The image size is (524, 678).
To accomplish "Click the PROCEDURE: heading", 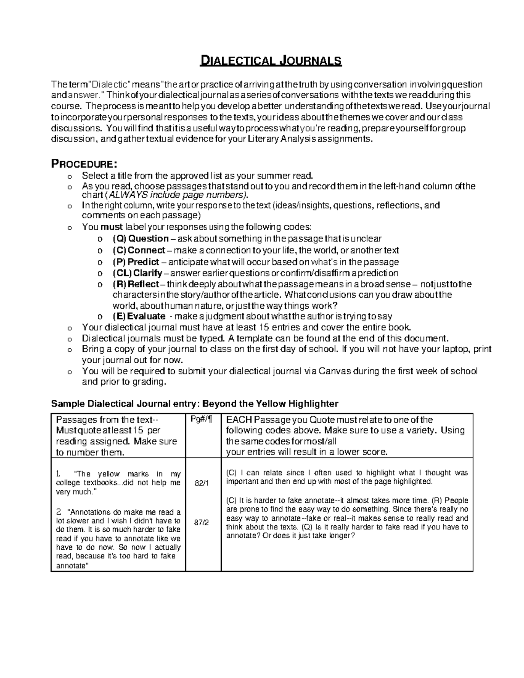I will point(84,164).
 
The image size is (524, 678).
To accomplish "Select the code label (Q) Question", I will point(141,239).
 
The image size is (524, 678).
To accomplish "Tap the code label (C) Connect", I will point(139,250).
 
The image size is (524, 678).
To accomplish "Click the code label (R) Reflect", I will point(136,285).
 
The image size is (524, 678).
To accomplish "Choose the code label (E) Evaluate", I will point(139,317).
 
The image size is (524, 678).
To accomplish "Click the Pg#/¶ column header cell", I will point(203,420).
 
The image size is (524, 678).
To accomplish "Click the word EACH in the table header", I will point(239,420).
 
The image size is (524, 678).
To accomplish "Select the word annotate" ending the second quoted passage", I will point(72,565).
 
